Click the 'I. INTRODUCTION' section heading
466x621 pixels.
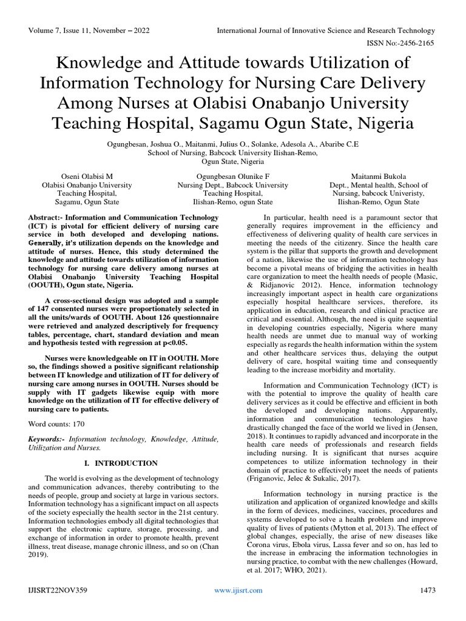point(120,463)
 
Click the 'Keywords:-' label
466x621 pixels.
point(47,438)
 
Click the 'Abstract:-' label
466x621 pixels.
point(50,217)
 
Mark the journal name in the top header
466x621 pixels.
point(326,31)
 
